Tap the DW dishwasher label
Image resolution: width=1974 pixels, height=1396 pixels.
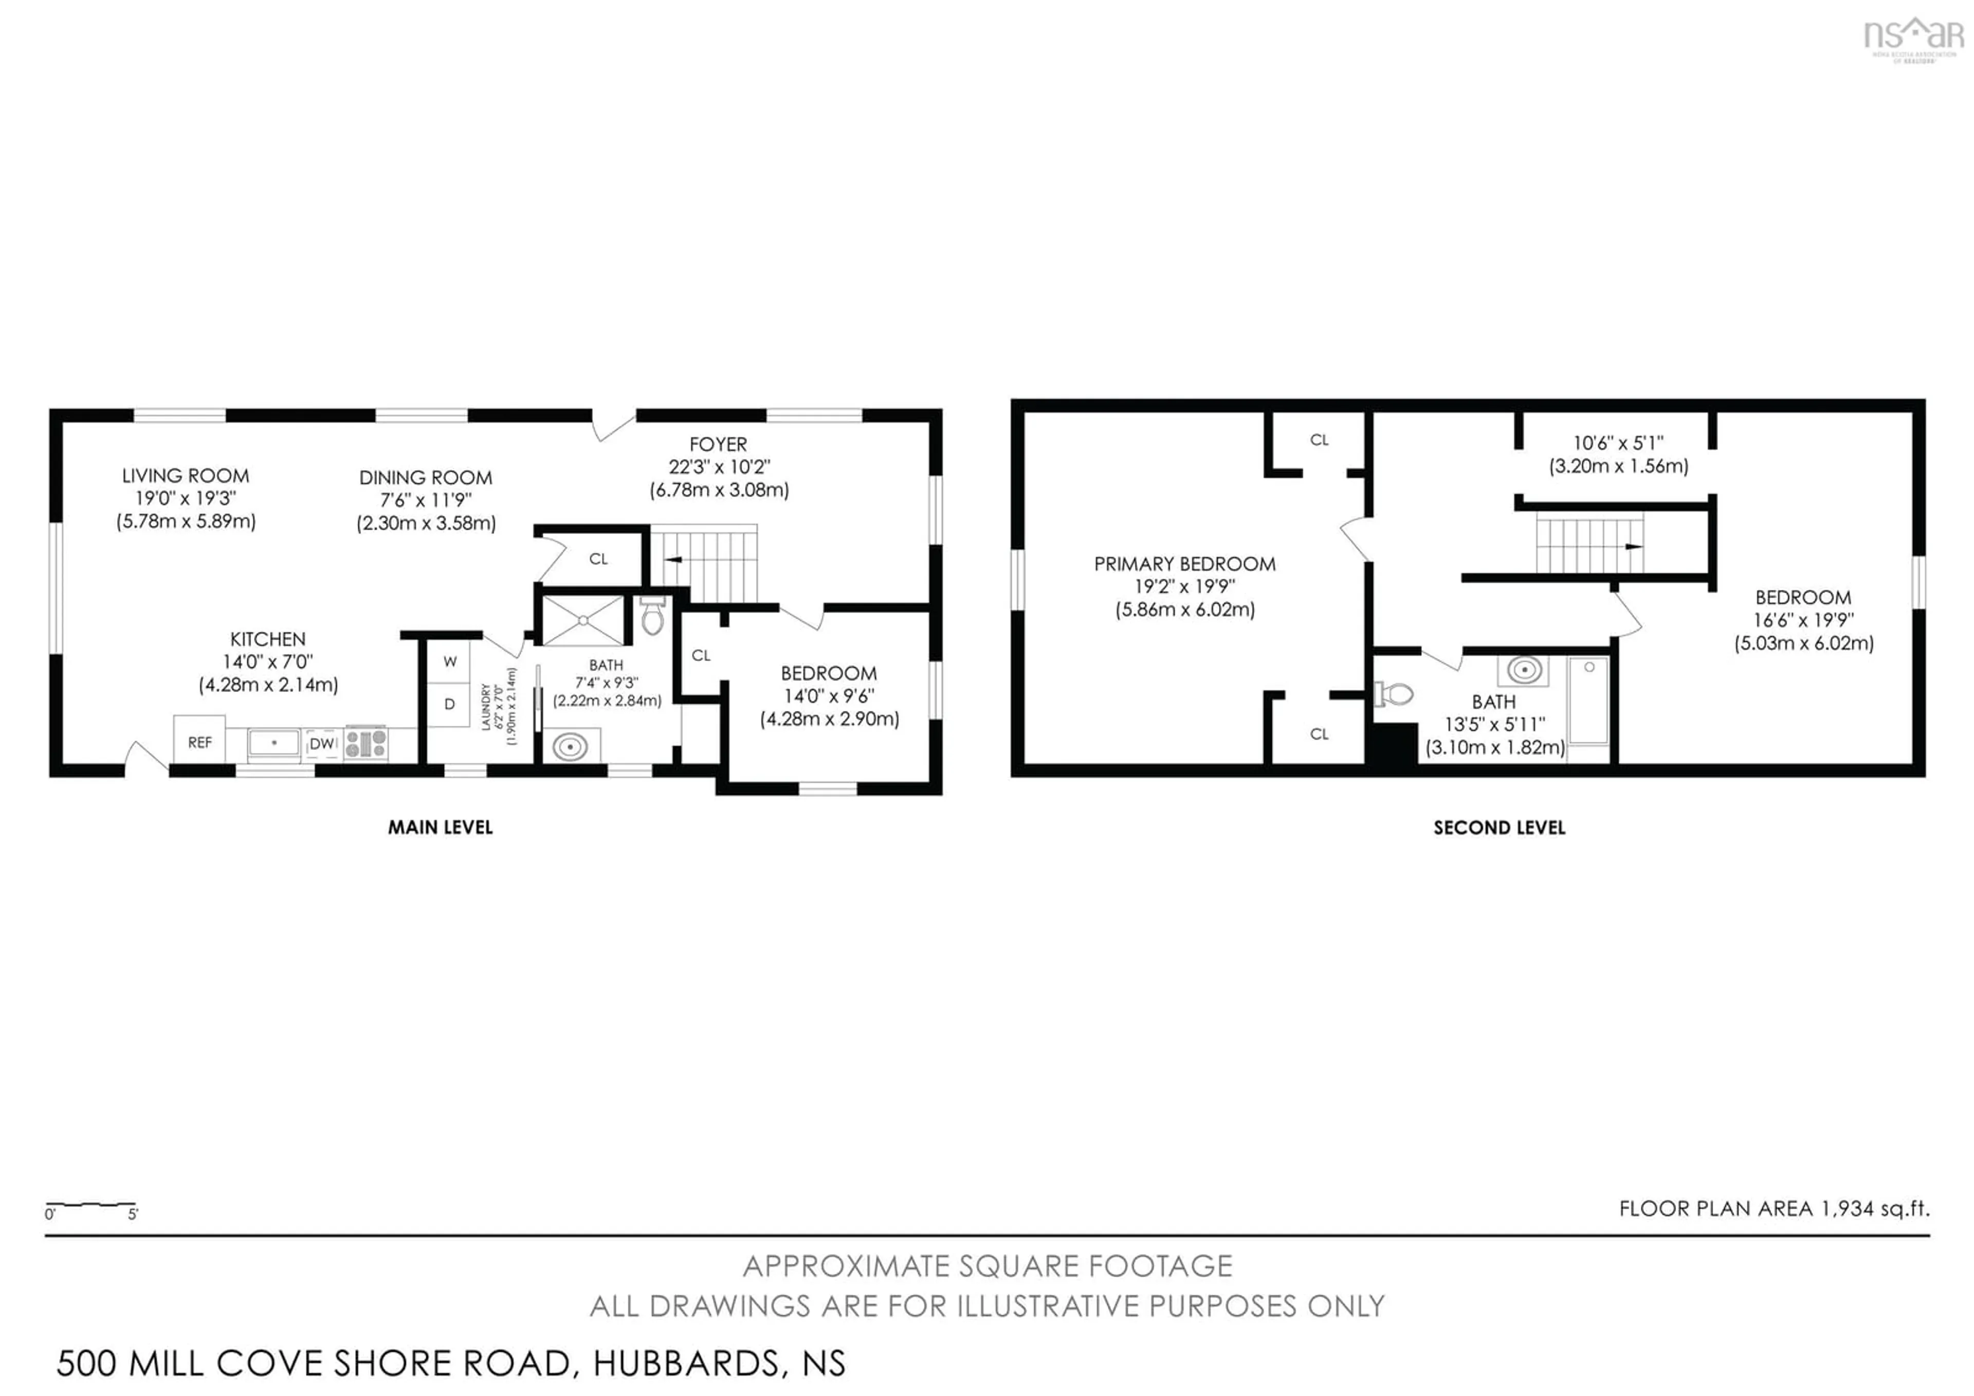click(x=322, y=743)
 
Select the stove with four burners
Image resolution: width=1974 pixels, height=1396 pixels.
click(x=366, y=743)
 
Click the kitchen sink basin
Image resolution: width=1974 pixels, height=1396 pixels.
click(x=273, y=742)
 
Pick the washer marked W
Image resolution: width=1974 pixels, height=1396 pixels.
click(x=450, y=661)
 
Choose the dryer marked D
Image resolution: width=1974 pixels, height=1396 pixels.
click(x=450, y=704)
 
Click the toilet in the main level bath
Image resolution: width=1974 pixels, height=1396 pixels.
click(x=652, y=616)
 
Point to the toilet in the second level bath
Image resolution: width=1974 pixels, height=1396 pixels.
click(x=1395, y=693)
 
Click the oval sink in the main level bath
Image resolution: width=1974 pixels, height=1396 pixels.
click(x=570, y=746)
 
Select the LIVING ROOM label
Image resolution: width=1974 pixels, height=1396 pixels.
click(x=186, y=476)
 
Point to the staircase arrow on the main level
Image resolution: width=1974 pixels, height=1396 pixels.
click(x=673, y=560)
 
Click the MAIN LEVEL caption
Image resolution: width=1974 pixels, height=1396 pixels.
click(x=440, y=828)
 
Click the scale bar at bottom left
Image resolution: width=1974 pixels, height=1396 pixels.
click(x=91, y=1205)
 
